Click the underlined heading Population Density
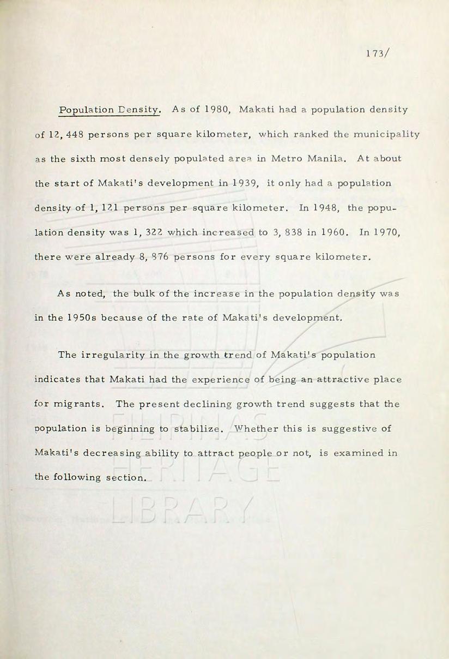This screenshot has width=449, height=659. point(110,110)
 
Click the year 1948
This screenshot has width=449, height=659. point(324,208)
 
